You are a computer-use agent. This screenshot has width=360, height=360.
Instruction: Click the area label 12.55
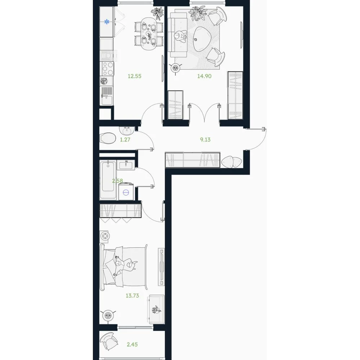click(x=135, y=76)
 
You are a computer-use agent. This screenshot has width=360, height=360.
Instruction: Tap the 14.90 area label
click(x=204, y=76)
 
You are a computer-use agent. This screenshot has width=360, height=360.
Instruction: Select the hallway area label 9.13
click(x=205, y=140)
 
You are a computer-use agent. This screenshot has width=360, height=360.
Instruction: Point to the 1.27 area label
click(x=125, y=140)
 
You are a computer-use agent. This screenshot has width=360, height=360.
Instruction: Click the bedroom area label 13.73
click(x=132, y=296)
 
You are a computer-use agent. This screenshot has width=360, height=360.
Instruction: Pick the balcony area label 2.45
click(x=132, y=345)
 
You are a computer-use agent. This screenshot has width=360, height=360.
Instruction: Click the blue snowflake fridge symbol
click(x=107, y=22)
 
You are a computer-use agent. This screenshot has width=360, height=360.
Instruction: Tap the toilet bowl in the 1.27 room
click(x=108, y=138)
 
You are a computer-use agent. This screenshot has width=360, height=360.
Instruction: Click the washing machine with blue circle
click(x=126, y=192)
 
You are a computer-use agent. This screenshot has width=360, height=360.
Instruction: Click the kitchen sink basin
click(x=107, y=100)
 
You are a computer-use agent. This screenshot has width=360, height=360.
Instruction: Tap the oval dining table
click(x=149, y=33)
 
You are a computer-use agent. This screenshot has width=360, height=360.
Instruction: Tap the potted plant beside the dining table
click(x=158, y=13)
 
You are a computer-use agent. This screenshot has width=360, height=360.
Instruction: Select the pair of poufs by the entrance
click(x=231, y=162)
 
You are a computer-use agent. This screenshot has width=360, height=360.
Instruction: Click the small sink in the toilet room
click(x=126, y=131)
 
